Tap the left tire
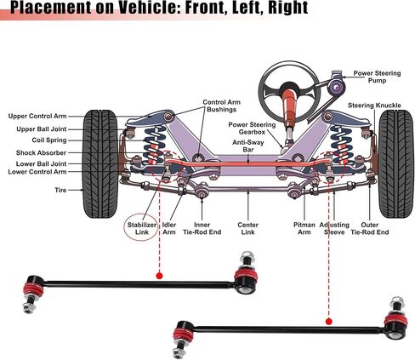click(x=100, y=163)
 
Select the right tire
click(x=396, y=163)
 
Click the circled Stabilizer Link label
click(x=141, y=228)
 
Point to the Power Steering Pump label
click(x=377, y=77)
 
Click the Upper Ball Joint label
click(x=42, y=129)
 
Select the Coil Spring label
click(x=49, y=140)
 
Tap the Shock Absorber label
click(x=41, y=152)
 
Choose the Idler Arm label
click(x=169, y=228)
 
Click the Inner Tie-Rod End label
click(x=202, y=228)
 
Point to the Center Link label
click(x=248, y=228)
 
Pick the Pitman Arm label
click(x=304, y=228)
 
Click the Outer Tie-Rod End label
click(x=370, y=228)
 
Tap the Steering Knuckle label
click(x=374, y=106)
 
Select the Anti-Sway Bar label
click(x=248, y=146)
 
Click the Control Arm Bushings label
click(x=221, y=106)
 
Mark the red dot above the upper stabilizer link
click(x=160, y=276)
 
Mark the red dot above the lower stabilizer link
click(x=329, y=322)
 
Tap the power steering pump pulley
click(x=336, y=87)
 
